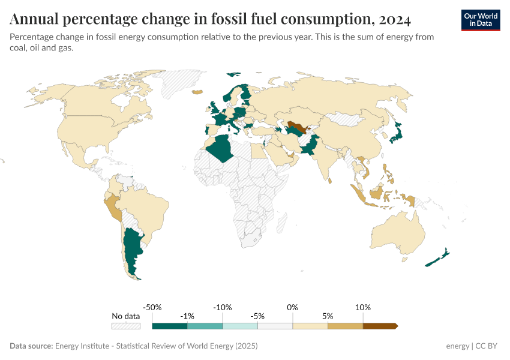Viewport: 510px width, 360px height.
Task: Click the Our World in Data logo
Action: click(480, 20)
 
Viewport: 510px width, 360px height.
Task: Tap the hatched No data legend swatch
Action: click(125, 326)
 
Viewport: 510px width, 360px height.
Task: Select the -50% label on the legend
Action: click(153, 307)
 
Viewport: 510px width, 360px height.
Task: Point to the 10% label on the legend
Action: click(363, 307)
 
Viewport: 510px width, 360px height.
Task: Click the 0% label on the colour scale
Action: click(293, 307)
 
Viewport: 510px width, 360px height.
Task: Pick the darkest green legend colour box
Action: click(170, 326)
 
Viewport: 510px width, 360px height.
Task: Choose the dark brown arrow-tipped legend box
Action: click(380, 326)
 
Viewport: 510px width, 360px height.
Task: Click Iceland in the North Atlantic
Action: click(197, 92)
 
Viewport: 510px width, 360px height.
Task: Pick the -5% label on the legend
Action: click(258, 316)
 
